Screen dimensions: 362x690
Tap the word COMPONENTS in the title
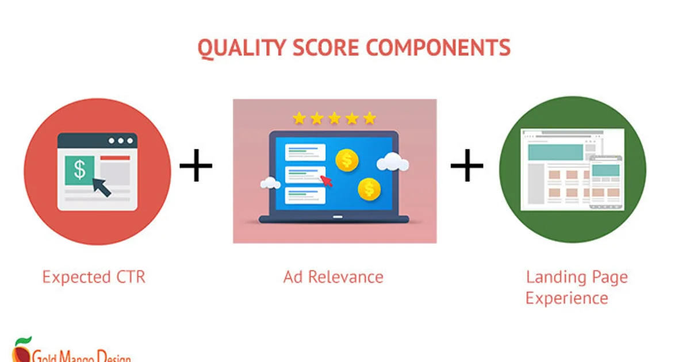tap(438, 48)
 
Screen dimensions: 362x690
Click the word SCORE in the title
tap(327, 48)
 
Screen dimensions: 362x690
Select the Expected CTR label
tap(94, 278)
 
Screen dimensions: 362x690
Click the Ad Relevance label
tap(333, 278)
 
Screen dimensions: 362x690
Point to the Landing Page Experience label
tap(576, 288)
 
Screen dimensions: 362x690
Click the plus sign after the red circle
tap(196, 165)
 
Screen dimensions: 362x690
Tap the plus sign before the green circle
tap(466, 165)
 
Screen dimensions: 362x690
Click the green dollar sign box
tap(80, 170)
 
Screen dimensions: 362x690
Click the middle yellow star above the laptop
tap(334, 118)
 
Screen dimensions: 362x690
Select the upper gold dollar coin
tap(347, 160)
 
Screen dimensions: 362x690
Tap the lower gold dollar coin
tap(369, 188)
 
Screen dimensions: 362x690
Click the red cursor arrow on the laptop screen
tap(326, 180)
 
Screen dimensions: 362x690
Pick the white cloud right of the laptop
tap(393, 163)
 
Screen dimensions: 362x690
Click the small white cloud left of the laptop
tap(270, 183)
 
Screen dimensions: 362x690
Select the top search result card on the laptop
tap(305, 152)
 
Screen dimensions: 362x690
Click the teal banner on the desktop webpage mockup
tap(555, 152)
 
